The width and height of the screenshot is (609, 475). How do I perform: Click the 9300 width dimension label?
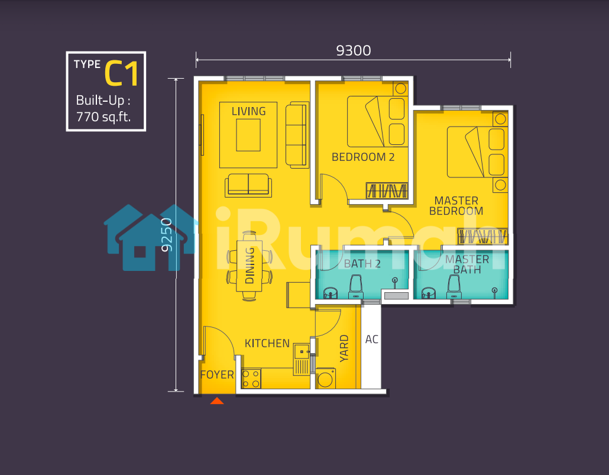click(x=354, y=50)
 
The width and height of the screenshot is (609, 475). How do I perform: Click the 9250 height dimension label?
click(x=167, y=235)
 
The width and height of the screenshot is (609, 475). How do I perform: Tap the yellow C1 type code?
click(x=122, y=73)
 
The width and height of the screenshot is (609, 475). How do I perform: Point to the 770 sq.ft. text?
click(x=103, y=117)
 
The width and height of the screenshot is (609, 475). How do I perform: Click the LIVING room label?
click(x=248, y=112)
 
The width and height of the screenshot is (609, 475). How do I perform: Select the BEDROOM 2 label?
click(x=363, y=157)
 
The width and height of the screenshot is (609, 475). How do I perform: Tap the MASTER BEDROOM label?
click(x=456, y=206)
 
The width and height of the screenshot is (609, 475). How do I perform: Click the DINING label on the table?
click(x=250, y=266)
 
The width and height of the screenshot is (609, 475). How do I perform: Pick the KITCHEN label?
click(x=267, y=343)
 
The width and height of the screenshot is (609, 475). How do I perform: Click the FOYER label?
click(x=217, y=374)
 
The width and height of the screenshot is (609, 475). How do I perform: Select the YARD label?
click(x=344, y=348)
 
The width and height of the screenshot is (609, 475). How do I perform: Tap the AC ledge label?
click(x=372, y=340)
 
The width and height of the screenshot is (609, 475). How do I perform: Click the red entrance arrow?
click(x=217, y=400)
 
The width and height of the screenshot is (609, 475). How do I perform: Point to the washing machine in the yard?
click(x=325, y=378)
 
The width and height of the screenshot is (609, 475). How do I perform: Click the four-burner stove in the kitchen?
click(x=251, y=379)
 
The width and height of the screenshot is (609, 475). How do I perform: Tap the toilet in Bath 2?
click(x=356, y=287)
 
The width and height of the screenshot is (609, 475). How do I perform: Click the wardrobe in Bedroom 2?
click(x=387, y=191)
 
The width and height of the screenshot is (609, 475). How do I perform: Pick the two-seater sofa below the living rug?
click(x=248, y=185)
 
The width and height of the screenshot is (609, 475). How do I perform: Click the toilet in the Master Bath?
click(x=454, y=287)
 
